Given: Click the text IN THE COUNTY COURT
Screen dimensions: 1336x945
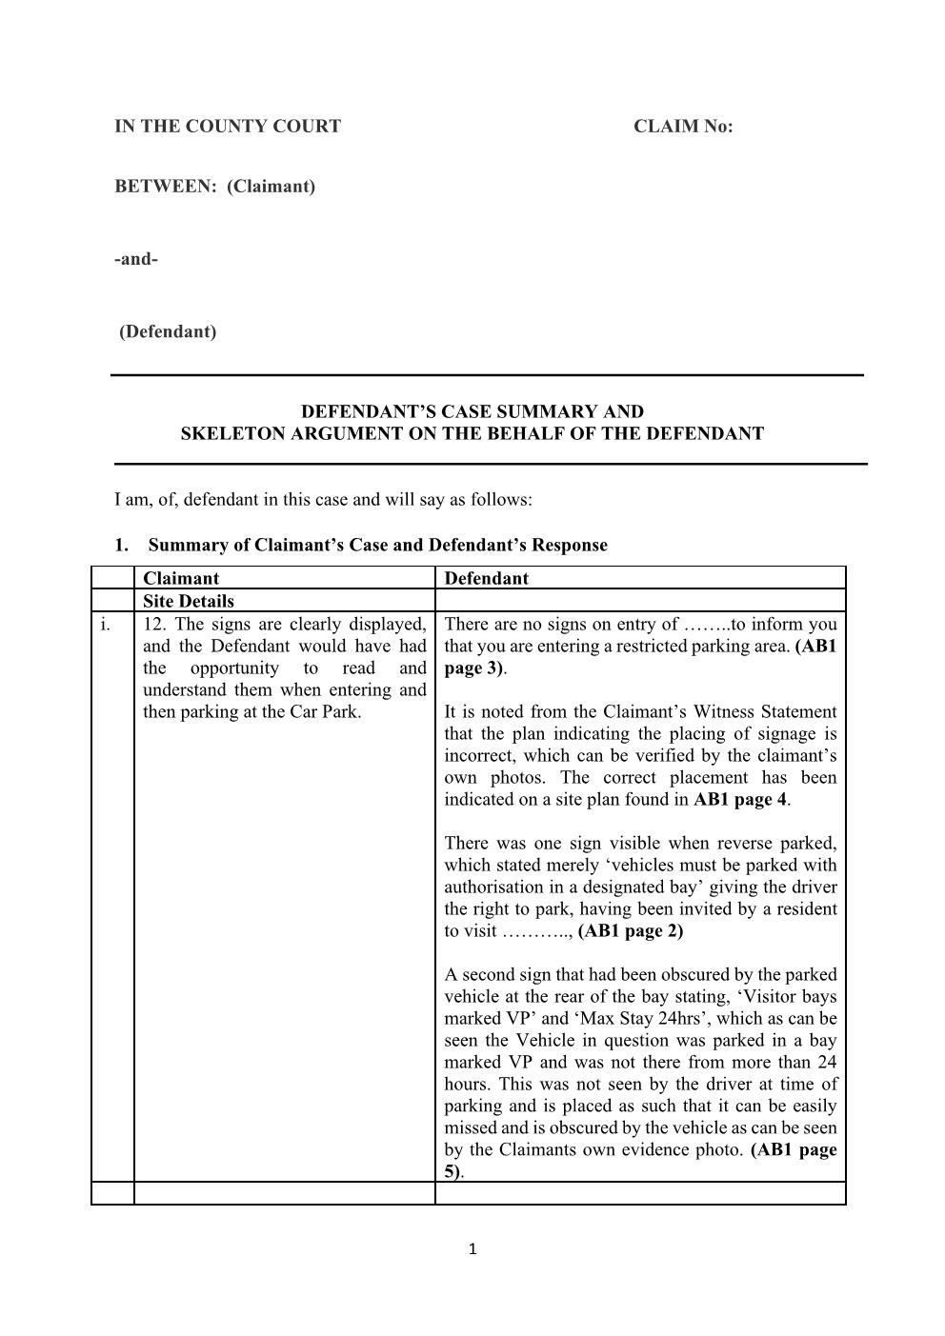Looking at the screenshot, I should [x=227, y=127].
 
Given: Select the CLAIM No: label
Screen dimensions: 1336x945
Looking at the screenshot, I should [x=683, y=127].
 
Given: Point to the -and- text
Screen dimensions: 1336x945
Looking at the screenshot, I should [x=136, y=259].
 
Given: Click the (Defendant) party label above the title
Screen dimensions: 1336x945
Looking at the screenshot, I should [x=168, y=332].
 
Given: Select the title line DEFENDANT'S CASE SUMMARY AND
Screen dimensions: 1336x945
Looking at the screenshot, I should [x=472, y=412].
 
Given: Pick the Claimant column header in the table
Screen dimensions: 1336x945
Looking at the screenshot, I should [x=180, y=578].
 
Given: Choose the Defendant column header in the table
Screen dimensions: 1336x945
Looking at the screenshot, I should [x=486, y=578].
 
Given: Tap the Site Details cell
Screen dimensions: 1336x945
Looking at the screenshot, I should [x=188, y=601].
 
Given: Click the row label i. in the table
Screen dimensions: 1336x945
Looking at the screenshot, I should [x=105, y=625].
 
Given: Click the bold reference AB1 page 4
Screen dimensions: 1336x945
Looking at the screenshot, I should [x=740, y=800].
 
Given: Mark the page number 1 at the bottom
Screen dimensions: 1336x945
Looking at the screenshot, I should [x=472, y=1250].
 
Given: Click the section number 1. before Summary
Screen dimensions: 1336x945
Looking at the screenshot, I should [x=121, y=546].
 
